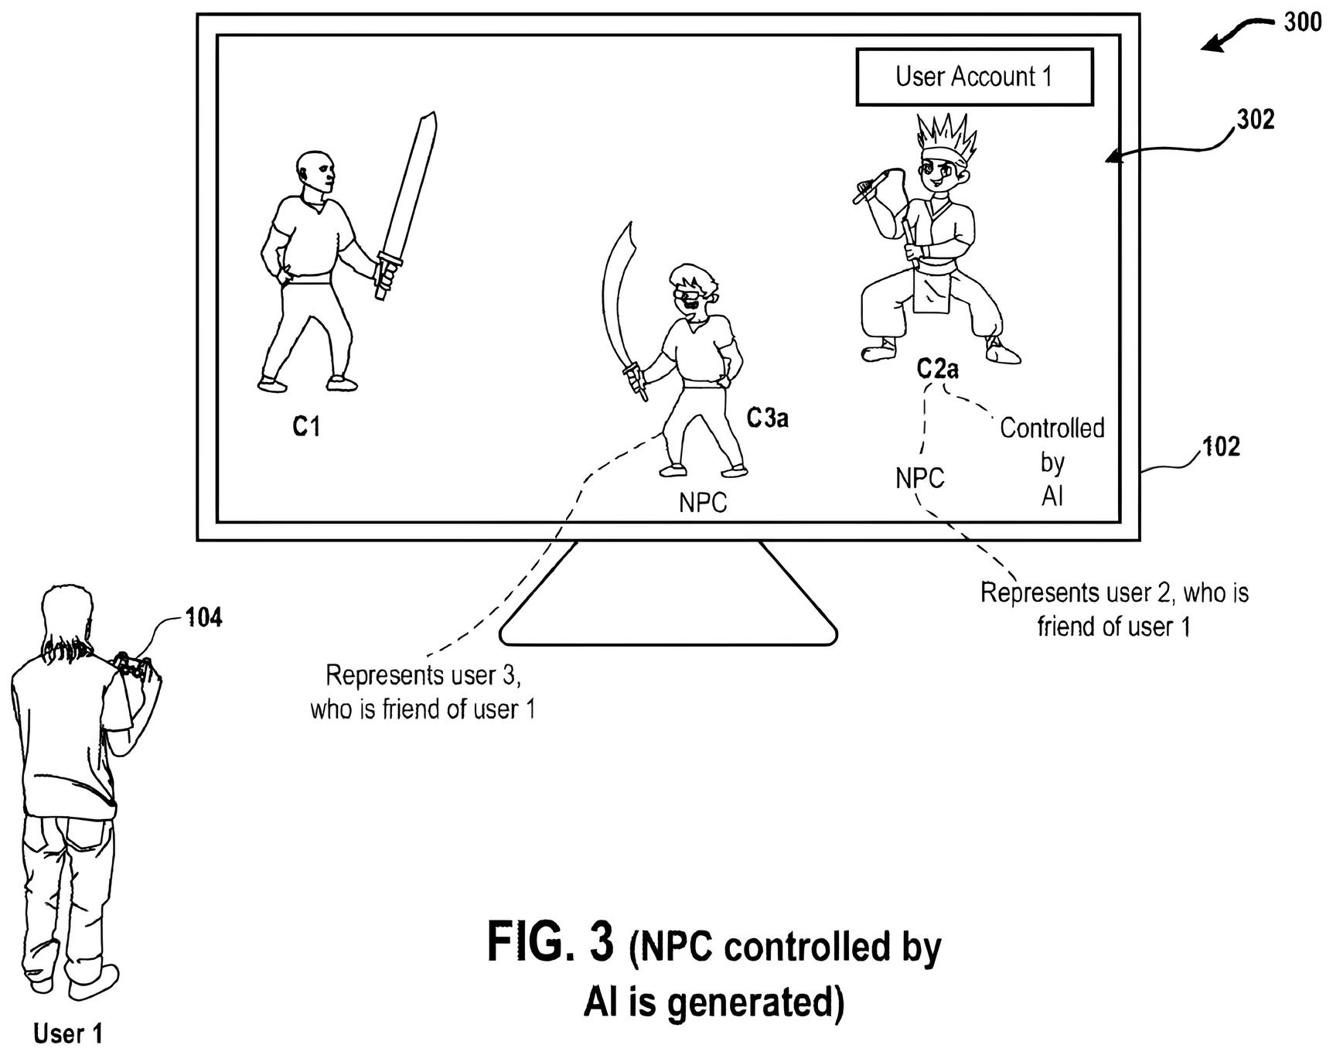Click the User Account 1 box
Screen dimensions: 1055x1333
973,77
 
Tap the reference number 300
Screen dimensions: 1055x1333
1303,23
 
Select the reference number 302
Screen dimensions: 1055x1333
1256,120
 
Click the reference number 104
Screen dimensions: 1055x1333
203,617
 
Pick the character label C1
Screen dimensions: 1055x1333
307,426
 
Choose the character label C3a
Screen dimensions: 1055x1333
768,418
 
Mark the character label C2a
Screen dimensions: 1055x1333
938,369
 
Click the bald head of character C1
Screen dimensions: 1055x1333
315,172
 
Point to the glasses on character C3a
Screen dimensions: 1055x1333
688,294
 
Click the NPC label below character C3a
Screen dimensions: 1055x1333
703,503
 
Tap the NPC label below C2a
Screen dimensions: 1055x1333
920,478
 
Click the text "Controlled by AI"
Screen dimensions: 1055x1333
1052,462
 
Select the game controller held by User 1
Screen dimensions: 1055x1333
132,665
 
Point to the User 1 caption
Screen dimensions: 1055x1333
68,1033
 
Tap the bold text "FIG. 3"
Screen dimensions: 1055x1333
551,943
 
